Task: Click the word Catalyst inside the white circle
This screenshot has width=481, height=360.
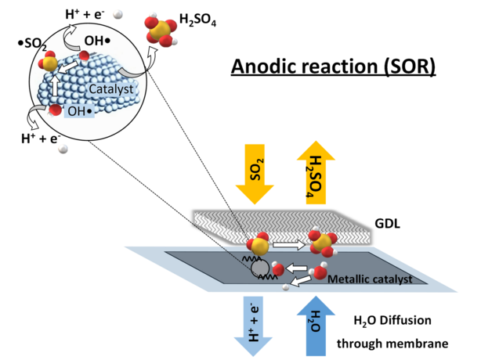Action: [110, 90]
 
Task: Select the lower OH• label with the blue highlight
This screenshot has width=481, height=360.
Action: [81, 112]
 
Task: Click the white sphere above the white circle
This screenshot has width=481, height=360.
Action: [118, 13]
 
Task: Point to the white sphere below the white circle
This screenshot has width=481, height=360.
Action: [63, 149]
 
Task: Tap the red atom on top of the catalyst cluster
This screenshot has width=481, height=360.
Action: [84, 56]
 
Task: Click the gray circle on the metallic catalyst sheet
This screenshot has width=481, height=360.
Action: [259, 268]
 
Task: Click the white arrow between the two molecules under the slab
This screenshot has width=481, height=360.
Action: [289, 245]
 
